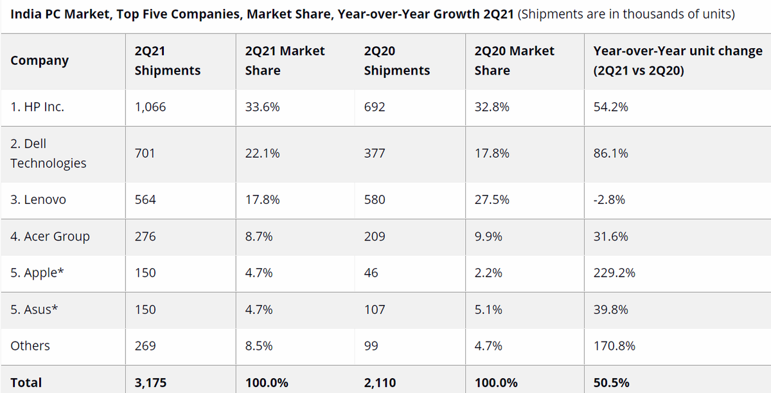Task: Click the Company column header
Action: [x=39, y=60]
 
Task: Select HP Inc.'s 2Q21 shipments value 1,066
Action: [x=150, y=107]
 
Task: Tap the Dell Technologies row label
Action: [x=48, y=154]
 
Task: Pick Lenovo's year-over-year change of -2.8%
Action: [x=609, y=200]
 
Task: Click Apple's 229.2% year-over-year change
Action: [x=614, y=273]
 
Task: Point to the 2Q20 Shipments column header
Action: [x=396, y=60]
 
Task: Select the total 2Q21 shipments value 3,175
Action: [x=150, y=383]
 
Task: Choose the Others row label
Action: [x=30, y=346]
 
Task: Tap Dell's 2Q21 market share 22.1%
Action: [x=262, y=154]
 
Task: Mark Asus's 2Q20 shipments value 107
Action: [x=374, y=309]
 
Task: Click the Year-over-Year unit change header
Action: [x=677, y=60]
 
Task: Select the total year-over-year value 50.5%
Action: [x=611, y=383]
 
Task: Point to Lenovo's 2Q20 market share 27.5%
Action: [x=492, y=200]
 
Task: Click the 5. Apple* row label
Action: [x=37, y=273]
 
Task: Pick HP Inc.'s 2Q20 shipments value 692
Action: [x=374, y=107]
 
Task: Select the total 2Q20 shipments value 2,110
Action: [x=380, y=383]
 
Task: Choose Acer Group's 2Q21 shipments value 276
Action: [x=145, y=237]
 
